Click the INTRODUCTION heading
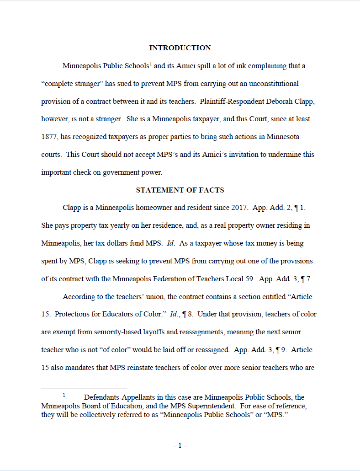[180, 48]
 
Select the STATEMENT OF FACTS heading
[180, 190]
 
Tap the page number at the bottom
[180, 445]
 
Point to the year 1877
[49, 137]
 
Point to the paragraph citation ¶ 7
[307, 279]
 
